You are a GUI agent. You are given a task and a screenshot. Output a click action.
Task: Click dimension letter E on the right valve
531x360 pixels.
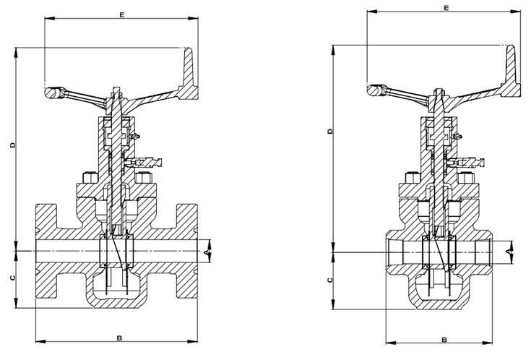point(446,8)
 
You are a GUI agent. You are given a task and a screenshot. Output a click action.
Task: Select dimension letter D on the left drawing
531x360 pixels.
point(13,145)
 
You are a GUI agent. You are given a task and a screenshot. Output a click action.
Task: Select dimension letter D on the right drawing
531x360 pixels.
point(329,131)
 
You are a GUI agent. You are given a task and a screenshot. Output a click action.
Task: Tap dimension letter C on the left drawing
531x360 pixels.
point(13,278)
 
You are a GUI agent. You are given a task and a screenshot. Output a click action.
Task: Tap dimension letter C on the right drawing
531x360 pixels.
point(329,279)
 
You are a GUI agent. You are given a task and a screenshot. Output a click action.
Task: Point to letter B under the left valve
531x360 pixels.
point(119,338)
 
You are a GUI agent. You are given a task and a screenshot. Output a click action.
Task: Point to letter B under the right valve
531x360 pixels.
point(445,338)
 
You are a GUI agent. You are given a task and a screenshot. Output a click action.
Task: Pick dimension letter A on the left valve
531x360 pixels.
point(207,252)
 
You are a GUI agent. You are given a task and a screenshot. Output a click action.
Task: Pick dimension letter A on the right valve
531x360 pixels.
point(509,250)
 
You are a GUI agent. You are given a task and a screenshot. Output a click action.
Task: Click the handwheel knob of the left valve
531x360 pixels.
point(53,94)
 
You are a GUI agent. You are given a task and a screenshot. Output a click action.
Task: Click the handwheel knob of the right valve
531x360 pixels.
point(374,91)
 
